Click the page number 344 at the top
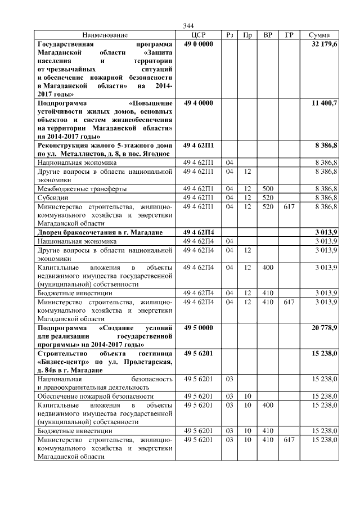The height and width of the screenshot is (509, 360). click(188, 26)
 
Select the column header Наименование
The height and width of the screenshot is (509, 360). click(105, 35)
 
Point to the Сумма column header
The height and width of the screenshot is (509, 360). click(319, 35)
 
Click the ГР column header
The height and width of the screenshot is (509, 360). click(289, 35)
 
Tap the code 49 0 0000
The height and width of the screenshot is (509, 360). click(198, 44)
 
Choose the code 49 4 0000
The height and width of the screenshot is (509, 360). click(198, 103)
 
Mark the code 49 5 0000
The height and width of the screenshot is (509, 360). click(198, 327)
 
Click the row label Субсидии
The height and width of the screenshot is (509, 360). click(52, 197)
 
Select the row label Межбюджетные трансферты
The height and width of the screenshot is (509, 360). click(82, 188)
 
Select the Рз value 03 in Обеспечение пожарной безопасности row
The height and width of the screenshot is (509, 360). click(229, 397)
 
